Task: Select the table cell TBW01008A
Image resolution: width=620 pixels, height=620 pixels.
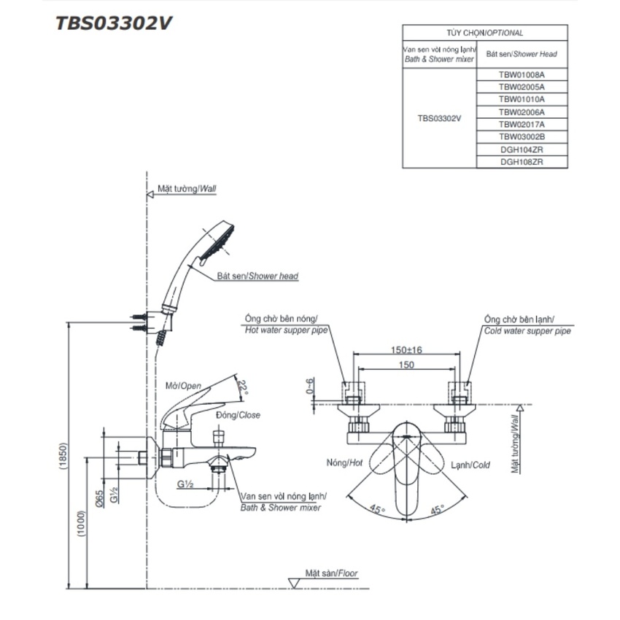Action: tap(522, 74)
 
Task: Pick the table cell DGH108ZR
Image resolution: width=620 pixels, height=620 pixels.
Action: tap(522, 162)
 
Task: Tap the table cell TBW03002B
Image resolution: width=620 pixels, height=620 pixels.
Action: tap(522, 136)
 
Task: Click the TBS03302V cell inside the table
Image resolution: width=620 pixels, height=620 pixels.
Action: tap(439, 117)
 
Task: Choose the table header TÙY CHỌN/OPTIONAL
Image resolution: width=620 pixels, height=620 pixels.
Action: tap(484, 33)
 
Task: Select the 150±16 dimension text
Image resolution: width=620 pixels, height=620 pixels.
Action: tap(406, 350)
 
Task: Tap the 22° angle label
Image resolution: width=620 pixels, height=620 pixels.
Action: tap(244, 387)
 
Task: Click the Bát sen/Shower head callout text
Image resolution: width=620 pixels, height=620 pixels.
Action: tap(257, 276)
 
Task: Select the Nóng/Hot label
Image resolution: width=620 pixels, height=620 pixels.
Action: tap(345, 463)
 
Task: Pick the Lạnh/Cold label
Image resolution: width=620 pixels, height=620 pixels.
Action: tap(469, 464)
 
